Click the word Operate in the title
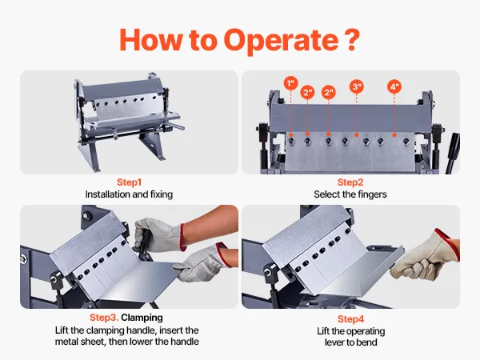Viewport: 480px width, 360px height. tap(282, 41)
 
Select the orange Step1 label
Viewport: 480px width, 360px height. tap(129, 182)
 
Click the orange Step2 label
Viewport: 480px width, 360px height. tap(350, 182)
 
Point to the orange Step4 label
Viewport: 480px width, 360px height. tap(351, 319)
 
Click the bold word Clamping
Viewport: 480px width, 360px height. tap(142, 318)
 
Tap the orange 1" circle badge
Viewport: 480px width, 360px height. tap(291, 83)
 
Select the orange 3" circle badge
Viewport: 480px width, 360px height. tap(357, 87)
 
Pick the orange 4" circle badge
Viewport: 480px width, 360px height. tap(394, 87)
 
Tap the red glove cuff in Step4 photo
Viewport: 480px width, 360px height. tap(448, 242)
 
